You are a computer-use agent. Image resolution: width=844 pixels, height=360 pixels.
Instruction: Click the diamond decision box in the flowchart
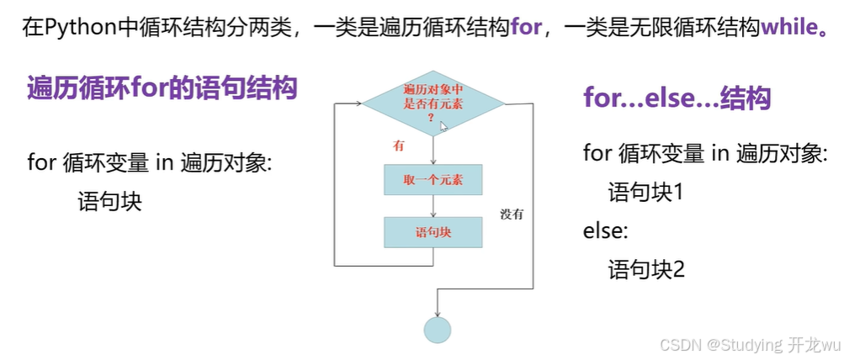pyautogui.click(x=433, y=103)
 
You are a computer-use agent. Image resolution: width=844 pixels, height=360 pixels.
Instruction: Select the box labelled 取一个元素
pyautogui.click(x=433, y=180)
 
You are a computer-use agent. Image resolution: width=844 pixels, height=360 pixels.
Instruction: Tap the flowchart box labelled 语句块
pyautogui.click(x=433, y=232)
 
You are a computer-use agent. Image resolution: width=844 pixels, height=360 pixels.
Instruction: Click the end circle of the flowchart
pyautogui.click(x=437, y=329)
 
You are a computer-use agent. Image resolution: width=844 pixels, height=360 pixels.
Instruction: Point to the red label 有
pyautogui.click(x=399, y=146)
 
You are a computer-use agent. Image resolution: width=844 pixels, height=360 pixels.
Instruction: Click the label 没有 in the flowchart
pyautogui.click(x=512, y=214)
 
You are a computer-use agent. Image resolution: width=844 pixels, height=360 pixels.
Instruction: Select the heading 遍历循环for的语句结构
pyautogui.click(x=162, y=87)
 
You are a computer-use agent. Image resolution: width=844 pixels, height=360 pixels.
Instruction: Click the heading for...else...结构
pyautogui.click(x=677, y=98)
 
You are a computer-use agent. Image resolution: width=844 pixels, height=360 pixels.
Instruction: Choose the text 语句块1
pyautogui.click(x=646, y=193)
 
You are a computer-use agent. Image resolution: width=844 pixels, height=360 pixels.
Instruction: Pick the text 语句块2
pyautogui.click(x=646, y=269)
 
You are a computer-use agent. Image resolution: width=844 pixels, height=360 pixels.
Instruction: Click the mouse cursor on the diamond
pyautogui.click(x=443, y=125)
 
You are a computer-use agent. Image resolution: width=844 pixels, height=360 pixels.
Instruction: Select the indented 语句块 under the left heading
pyautogui.click(x=109, y=202)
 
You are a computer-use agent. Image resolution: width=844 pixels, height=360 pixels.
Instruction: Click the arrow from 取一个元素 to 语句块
pyautogui.click(x=433, y=205)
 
